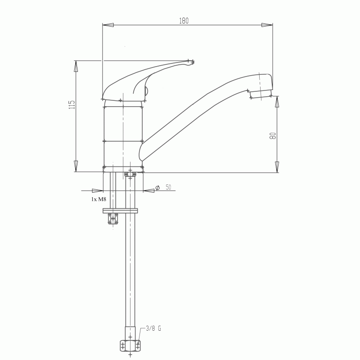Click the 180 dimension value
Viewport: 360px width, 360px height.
184,21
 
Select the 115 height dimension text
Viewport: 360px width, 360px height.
72,104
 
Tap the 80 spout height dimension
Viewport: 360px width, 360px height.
273,136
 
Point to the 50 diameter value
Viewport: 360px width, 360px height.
168,187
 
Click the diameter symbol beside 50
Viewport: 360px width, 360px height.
157,188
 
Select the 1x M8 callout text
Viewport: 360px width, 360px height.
99,199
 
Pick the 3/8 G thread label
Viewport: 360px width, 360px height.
153,328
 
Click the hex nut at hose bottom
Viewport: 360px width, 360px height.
130,346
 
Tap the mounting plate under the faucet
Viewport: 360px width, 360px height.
120,211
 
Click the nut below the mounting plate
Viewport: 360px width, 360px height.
113,219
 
